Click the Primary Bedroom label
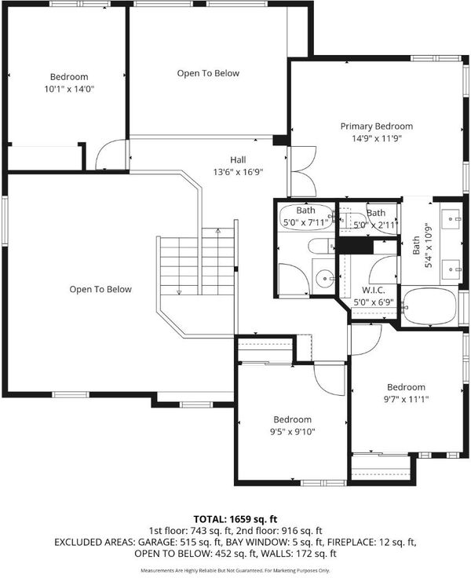(x=376, y=126)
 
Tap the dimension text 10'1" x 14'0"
(x=69, y=90)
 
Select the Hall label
(x=238, y=160)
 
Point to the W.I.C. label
(x=374, y=290)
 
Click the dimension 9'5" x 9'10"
(x=293, y=432)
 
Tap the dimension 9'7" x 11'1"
(x=406, y=399)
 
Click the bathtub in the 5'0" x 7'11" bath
(x=307, y=218)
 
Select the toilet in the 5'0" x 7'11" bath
(x=321, y=246)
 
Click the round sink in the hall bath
(x=325, y=276)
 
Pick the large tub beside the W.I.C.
(x=429, y=306)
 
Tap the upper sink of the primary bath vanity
(x=451, y=218)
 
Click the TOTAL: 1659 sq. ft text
(x=235, y=519)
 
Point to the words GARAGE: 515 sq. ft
(x=180, y=542)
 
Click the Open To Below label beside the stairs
(x=100, y=289)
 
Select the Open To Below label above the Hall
(x=208, y=73)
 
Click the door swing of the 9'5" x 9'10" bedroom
(x=329, y=379)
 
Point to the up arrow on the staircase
(x=217, y=231)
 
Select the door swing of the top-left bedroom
(x=109, y=154)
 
